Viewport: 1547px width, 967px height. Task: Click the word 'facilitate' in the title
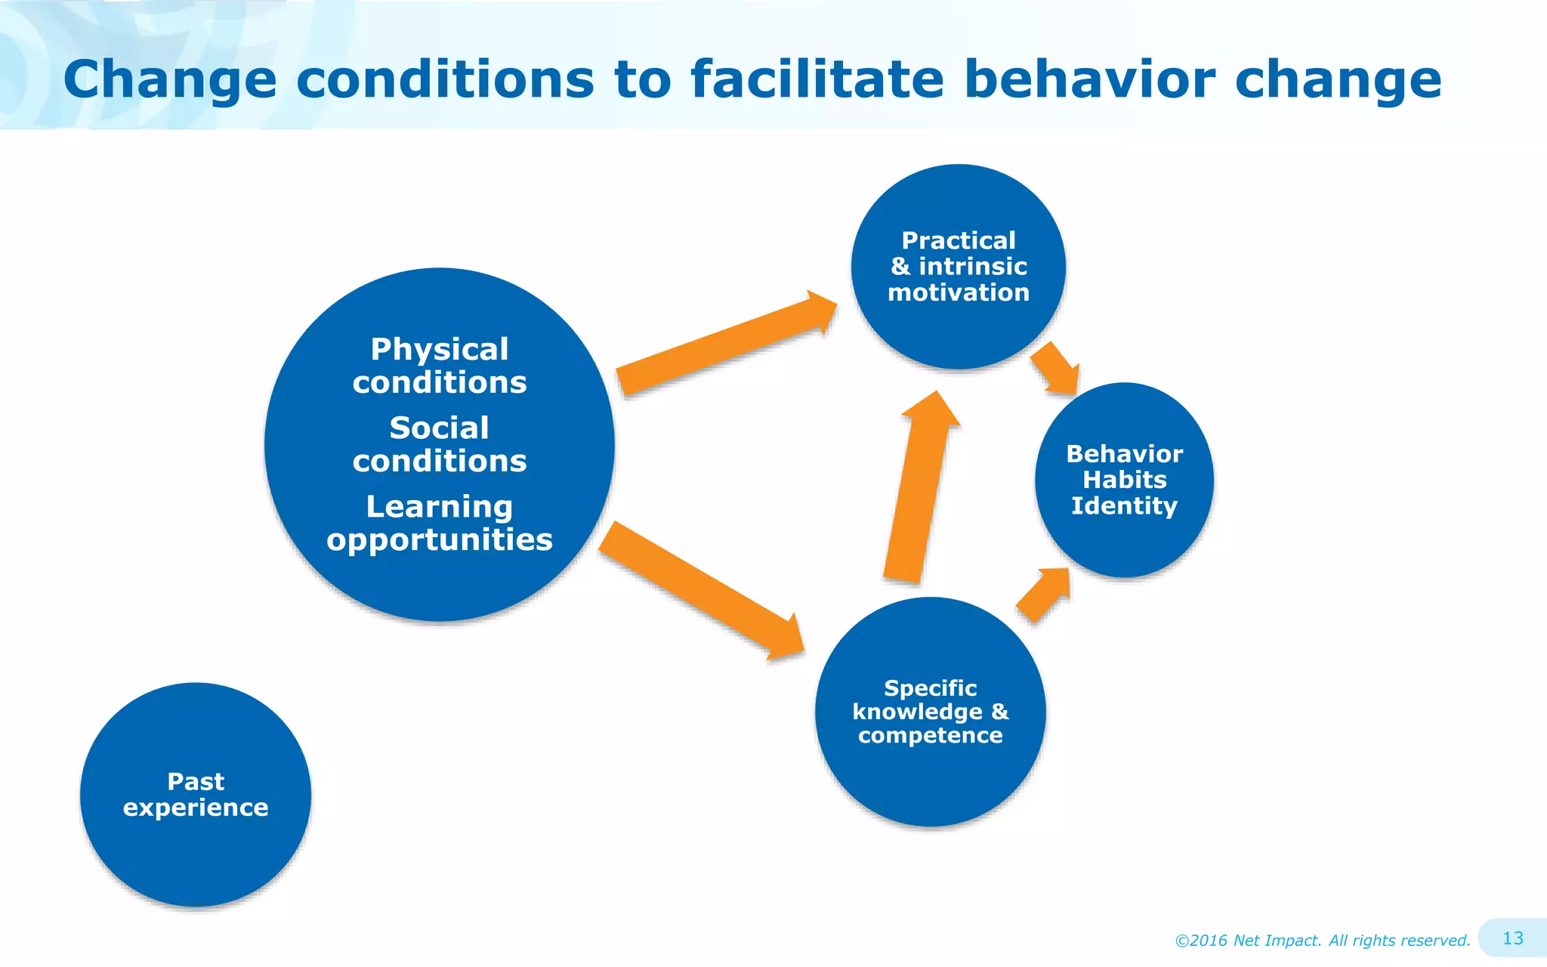coord(817,79)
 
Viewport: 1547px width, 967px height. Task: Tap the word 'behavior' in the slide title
coord(1090,79)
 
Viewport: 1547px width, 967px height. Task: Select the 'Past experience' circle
coord(196,794)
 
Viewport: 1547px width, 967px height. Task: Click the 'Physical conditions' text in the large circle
coord(440,366)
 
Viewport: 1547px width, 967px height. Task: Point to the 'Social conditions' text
coord(440,444)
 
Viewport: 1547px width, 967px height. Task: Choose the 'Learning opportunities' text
coord(440,523)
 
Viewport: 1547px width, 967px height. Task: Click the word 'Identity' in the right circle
coord(1124,505)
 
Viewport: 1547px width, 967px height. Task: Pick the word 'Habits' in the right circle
coord(1124,480)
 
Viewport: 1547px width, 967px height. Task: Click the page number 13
coord(1512,938)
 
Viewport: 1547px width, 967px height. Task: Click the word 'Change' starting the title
coord(170,79)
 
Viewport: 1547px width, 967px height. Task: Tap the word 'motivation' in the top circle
coord(958,292)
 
